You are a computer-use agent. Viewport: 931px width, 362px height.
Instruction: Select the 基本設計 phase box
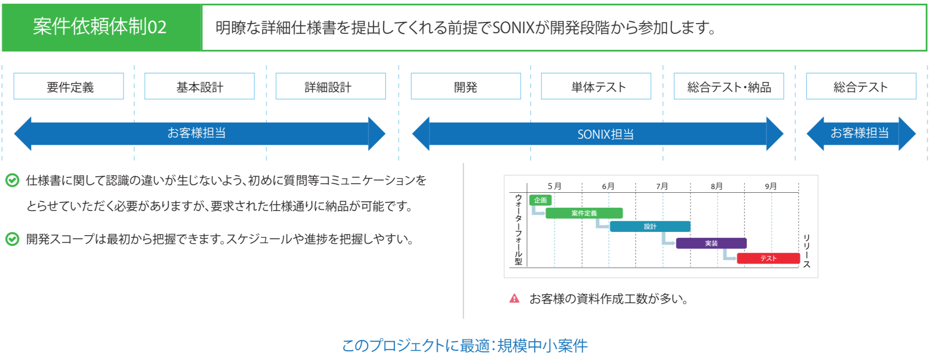(199, 86)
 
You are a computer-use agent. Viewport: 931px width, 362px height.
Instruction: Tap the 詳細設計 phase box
(331, 86)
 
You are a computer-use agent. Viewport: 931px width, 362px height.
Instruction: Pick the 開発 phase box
(465, 86)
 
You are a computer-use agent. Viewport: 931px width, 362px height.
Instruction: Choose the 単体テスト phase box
(596, 86)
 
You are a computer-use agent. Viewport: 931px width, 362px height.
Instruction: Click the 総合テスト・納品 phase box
(729, 86)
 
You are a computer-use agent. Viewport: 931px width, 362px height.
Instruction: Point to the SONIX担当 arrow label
(605, 134)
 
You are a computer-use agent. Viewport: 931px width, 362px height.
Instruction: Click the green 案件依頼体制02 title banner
(101, 27)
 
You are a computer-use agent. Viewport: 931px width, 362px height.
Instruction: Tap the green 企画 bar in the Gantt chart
(540, 200)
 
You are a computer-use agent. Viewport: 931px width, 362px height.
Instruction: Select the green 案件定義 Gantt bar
(584, 213)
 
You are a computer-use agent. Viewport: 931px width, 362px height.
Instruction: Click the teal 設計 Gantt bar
(650, 227)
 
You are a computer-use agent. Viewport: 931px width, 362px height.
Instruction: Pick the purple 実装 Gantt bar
(711, 243)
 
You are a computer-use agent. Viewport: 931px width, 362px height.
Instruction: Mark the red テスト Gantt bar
(768, 258)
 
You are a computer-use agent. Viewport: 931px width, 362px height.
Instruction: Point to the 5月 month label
(554, 186)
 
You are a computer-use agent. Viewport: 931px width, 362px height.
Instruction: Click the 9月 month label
(771, 186)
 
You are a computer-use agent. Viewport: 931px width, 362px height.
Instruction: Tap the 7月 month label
(662, 186)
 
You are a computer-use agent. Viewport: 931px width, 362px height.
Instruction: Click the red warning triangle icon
(514, 299)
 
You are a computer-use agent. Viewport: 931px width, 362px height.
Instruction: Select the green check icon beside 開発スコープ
(12, 239)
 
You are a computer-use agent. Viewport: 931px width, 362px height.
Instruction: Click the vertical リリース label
(806, 251)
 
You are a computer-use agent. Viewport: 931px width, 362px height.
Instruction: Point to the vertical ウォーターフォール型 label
(519, 230)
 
